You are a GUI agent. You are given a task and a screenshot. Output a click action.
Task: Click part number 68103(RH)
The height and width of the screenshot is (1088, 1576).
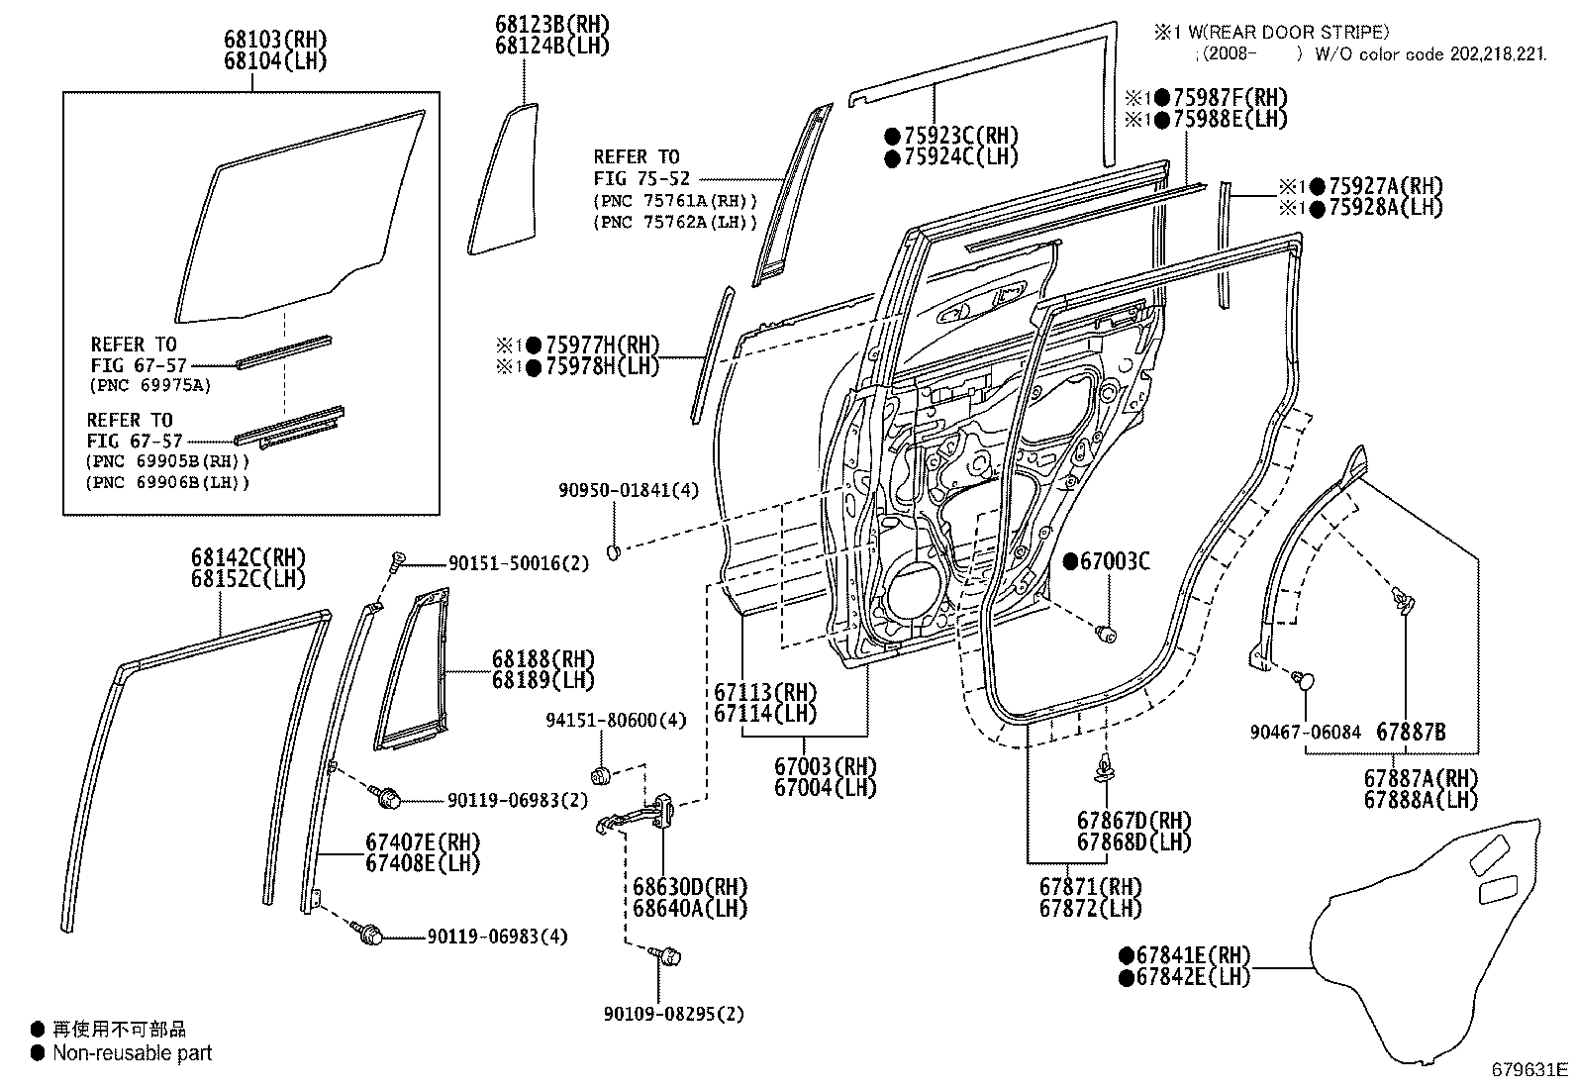[x=276, y=40]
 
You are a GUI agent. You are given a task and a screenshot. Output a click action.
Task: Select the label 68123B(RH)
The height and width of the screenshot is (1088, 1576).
[x=552, y=25]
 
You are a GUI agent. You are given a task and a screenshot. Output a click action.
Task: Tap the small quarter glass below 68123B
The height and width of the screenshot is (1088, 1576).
[x=503, y=179]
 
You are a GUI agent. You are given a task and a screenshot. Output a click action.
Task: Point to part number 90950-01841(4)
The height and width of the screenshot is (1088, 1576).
[x=629, y=490]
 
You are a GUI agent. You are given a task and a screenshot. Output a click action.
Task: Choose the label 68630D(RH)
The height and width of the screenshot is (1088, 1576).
[x=689, y=887]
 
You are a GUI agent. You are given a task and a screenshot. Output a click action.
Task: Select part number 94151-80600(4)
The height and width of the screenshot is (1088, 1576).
[x=617, y=720]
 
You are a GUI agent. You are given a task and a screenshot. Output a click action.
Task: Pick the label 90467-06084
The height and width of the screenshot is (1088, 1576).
[x=1305, y=733]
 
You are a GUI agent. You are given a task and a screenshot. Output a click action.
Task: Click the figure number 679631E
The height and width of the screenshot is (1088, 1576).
[x=1529, y=1070]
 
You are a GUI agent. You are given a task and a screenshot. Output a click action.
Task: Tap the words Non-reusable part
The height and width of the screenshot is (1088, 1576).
[x=133, y=1052]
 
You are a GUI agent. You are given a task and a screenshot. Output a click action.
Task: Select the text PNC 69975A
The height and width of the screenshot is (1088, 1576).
[x=151, y=386]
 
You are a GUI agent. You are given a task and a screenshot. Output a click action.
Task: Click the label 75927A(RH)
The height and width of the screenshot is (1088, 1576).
[x=1385, y=186]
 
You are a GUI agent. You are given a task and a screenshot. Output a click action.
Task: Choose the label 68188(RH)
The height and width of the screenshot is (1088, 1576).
[x=543, y=659]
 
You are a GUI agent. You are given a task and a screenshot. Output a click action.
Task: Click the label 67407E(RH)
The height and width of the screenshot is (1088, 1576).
[x=423, y=842]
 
